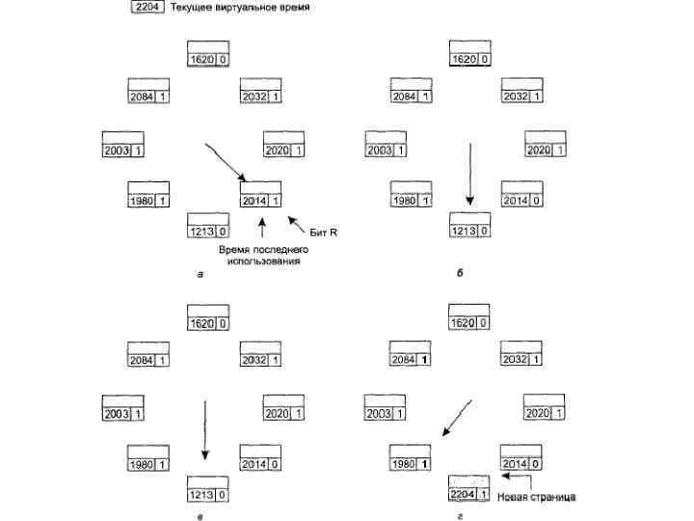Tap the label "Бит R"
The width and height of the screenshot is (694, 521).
pos(322,233)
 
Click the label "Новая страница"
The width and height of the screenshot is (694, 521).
pos(537,497)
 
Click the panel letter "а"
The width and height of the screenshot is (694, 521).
pos(200,275)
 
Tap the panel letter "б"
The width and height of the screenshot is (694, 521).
pos(462,275)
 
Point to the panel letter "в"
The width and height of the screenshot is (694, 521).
pos(200,517)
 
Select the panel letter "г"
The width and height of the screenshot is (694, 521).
pos(462,517)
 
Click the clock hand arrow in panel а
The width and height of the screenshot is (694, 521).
pos(227,161)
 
